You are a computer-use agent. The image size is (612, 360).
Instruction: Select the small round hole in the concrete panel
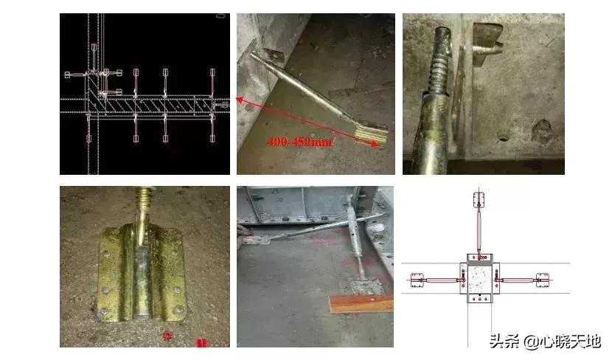coord(503,136)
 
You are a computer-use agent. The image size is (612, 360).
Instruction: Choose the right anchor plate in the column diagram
coord(543,279)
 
